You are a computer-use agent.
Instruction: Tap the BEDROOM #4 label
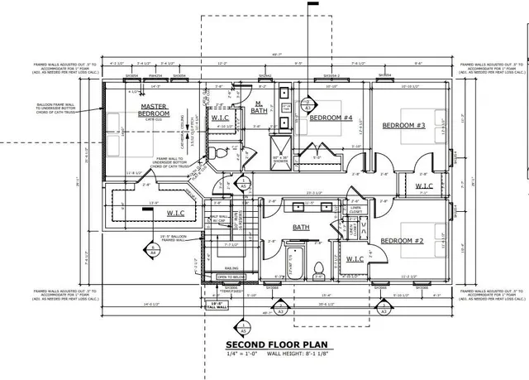click(x=331, y=118)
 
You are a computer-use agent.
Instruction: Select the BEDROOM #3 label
click(x=403, y=125)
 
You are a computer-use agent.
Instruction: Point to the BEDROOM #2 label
click(x=402, y=241)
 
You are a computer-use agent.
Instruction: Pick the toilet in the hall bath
click(x=319, y=267)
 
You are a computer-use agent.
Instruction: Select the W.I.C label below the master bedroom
click(x=175, y=213)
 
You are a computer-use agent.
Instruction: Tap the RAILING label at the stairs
click(x=230, y=267)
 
